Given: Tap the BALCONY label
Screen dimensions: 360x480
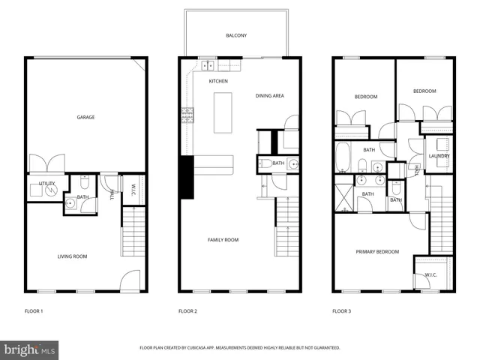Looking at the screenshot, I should pos(236,35).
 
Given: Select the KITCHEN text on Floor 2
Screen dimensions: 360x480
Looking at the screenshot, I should pos(218,81).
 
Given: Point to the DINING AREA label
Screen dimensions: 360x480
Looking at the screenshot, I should pos(269,95).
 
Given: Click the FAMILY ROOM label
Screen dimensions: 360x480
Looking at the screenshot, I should pos(223,240).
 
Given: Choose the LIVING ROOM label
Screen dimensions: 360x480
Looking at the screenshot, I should pos(73,256).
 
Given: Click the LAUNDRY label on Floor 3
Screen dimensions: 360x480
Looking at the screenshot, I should pos(439,156).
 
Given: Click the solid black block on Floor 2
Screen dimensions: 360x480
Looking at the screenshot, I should pos(186,177).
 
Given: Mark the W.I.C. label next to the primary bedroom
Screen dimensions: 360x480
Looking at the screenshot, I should pos(430,274).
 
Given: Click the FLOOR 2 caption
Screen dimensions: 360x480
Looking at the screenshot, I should pos(187,310).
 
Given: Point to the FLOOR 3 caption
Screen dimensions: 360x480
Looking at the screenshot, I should pos(342,310).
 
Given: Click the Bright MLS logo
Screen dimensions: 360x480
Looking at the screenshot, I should pos(29,349).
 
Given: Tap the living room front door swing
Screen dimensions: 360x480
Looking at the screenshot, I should pos(130,280).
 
